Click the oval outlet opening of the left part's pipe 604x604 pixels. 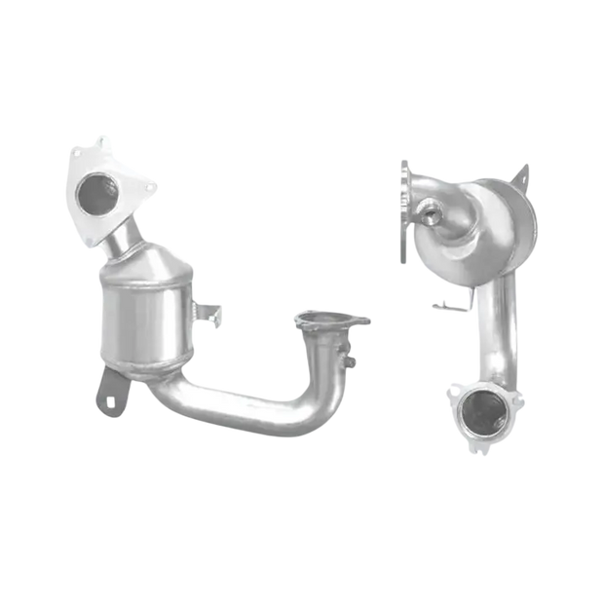tap(319, 318)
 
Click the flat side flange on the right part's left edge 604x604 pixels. tap(403, 209)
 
